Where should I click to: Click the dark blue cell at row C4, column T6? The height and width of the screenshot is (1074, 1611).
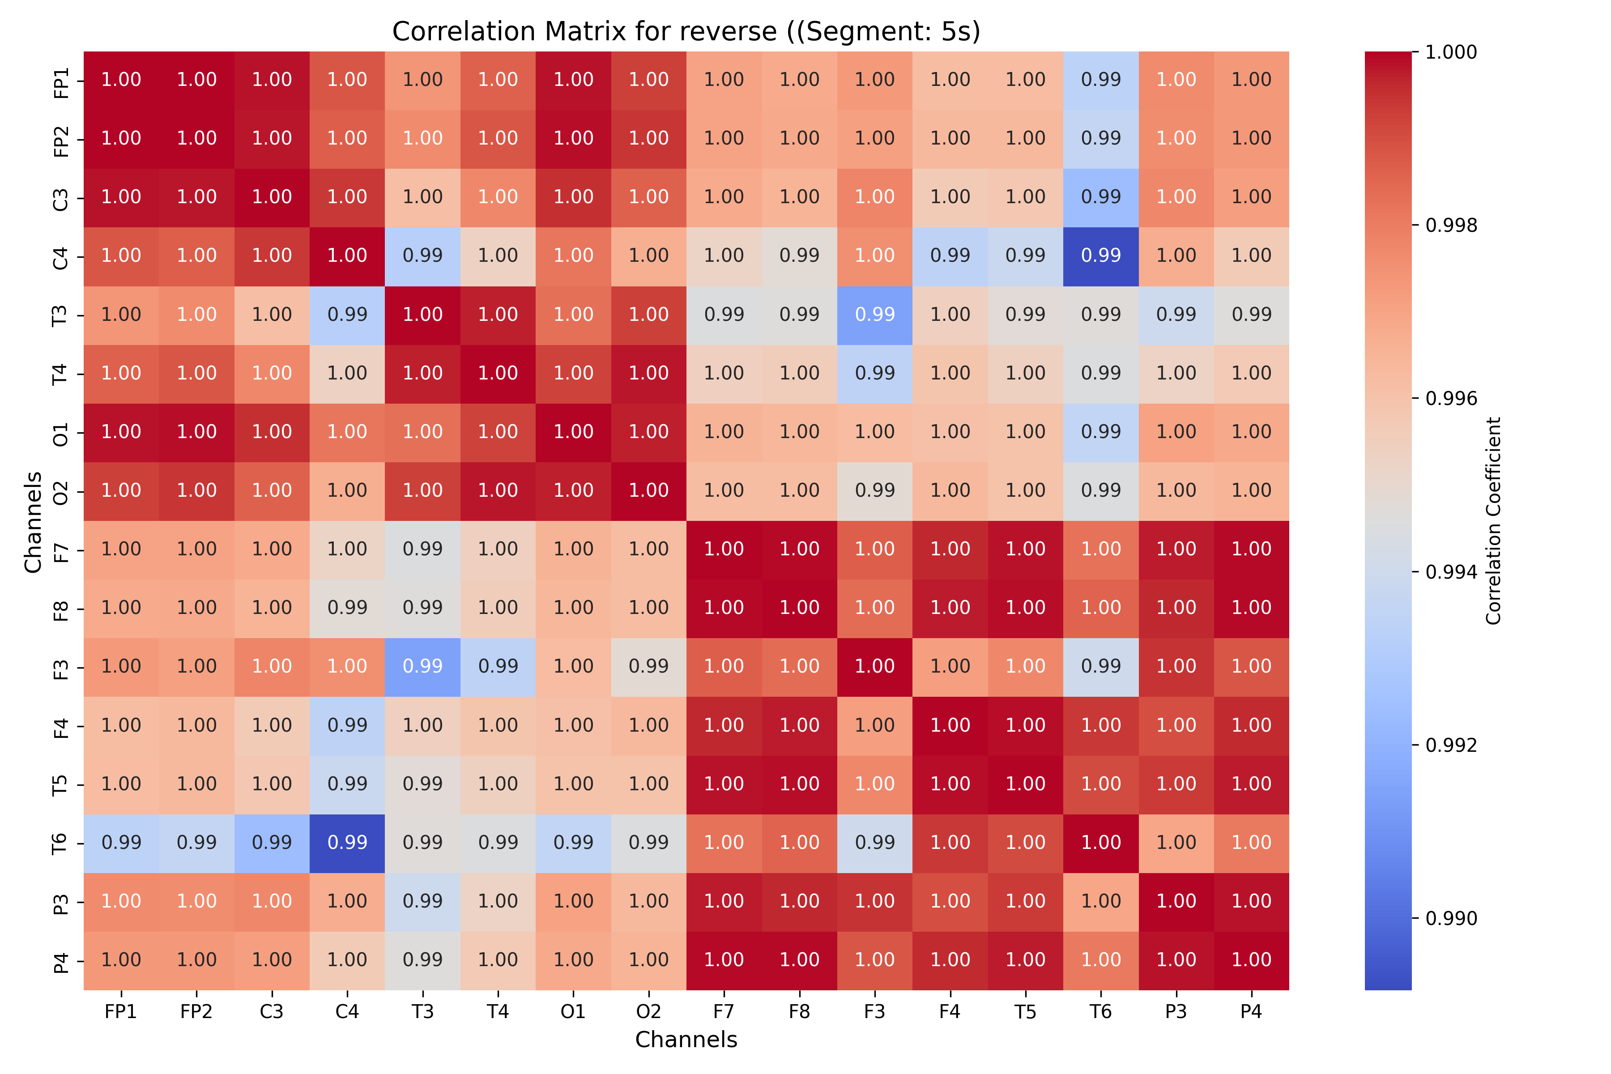coord(1101,256)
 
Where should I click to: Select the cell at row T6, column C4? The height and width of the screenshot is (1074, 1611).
coord(347,843)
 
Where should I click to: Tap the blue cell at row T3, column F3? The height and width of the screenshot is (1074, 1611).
coord(875,315)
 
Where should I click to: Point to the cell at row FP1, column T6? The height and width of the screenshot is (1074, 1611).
coord(1101,80)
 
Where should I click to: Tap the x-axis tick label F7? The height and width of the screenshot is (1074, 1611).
coord(724,1012)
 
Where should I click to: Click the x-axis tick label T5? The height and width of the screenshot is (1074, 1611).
coord(1025,1012)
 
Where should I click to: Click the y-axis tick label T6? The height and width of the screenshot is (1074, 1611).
coord(61,843)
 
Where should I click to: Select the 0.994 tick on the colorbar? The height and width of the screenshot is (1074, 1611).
coord(1451,571)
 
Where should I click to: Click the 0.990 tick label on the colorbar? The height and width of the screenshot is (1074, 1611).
coord(1451,918)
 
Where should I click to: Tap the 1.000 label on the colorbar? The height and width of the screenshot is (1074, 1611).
coord(1451,52)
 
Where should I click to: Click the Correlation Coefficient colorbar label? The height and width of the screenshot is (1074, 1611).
coord(1493,520)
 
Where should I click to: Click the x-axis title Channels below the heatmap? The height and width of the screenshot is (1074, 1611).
coord(686,1040)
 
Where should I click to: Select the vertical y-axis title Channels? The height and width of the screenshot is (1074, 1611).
coord(33,522)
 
